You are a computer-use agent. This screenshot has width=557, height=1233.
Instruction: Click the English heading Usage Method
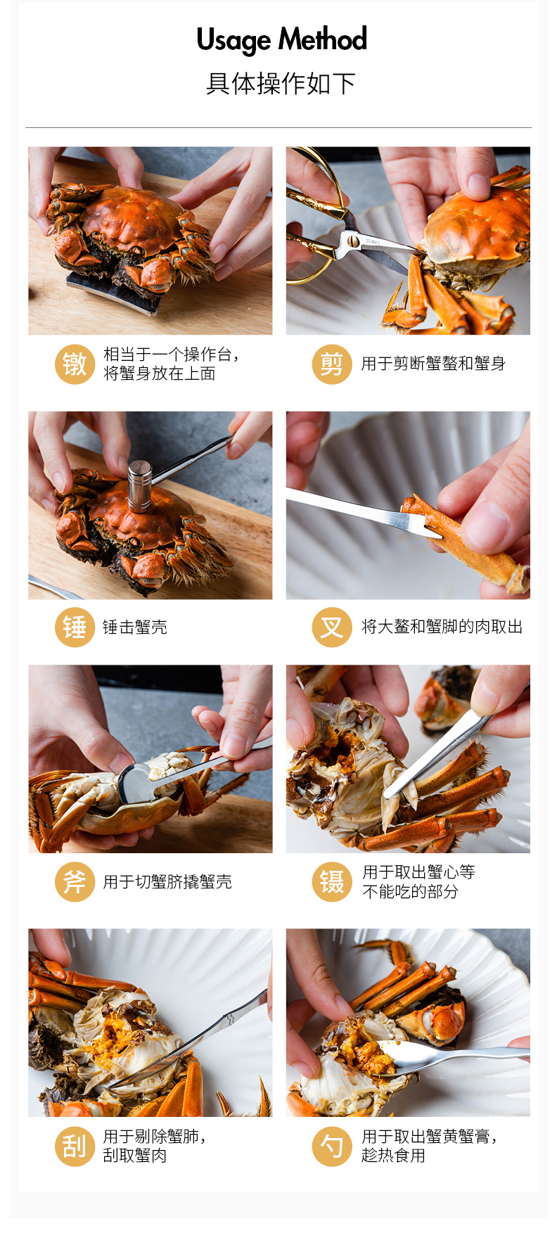pos(281,40)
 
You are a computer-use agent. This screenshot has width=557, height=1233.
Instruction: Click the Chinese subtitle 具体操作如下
pos(281,84)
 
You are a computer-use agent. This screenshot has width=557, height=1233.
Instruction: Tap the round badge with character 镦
pos(75,364)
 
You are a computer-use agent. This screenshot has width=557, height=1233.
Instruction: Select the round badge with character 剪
pos(332,364)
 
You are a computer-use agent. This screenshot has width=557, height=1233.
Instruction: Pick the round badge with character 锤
pos(75,627)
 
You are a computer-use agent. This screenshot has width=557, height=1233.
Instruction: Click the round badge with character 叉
pos(332,627)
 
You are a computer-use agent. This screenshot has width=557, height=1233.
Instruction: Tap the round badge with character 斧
pos(75,882)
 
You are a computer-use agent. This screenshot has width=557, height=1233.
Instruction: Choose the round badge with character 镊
pos(332,882)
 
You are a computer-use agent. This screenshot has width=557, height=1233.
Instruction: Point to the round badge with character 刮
pos(75,1146)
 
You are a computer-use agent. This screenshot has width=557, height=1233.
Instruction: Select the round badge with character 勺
pos(332,1146)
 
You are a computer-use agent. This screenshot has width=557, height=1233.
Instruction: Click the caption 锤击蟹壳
pos(135,627)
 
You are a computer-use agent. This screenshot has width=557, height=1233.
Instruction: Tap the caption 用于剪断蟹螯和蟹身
pos(433,364)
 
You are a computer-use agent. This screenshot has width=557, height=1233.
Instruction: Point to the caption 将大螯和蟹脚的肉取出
pos(442,627)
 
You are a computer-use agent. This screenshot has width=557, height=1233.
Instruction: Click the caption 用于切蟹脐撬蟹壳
pos(167,882)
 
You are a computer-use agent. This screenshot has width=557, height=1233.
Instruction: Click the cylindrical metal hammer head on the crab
pos(140,485)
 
